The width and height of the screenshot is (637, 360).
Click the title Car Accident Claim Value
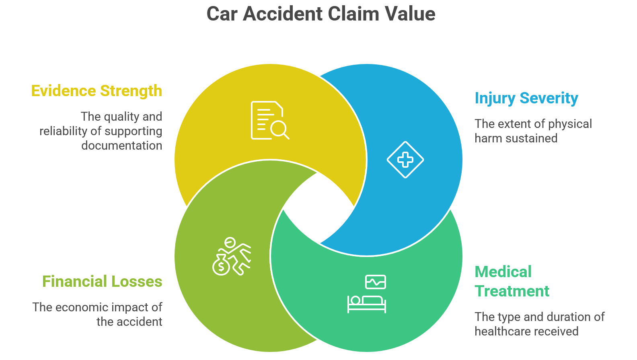click(x=321, y=14)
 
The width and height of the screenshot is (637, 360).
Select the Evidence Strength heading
click(x=97, y=91)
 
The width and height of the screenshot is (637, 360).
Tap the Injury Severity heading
click(x=526, y=98)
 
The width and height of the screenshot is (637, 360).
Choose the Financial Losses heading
click(x=102, y=282)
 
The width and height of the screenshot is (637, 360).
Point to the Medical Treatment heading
click(x=512, y=282)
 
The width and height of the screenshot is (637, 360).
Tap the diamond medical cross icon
click(x=405, y=160)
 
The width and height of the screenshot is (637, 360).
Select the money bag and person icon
click(x=231, y=256)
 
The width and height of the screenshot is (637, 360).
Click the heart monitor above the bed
click(x=375, y=282)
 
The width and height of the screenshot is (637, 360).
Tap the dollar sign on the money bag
click(x=221, y=266)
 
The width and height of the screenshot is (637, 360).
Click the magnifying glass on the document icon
click(x=279, y=130)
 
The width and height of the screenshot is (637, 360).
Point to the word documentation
click(x=121, y=146)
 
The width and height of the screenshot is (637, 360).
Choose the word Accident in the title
click(x=283, y=14)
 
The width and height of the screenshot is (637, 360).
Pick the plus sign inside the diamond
click(x=405, y=160)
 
